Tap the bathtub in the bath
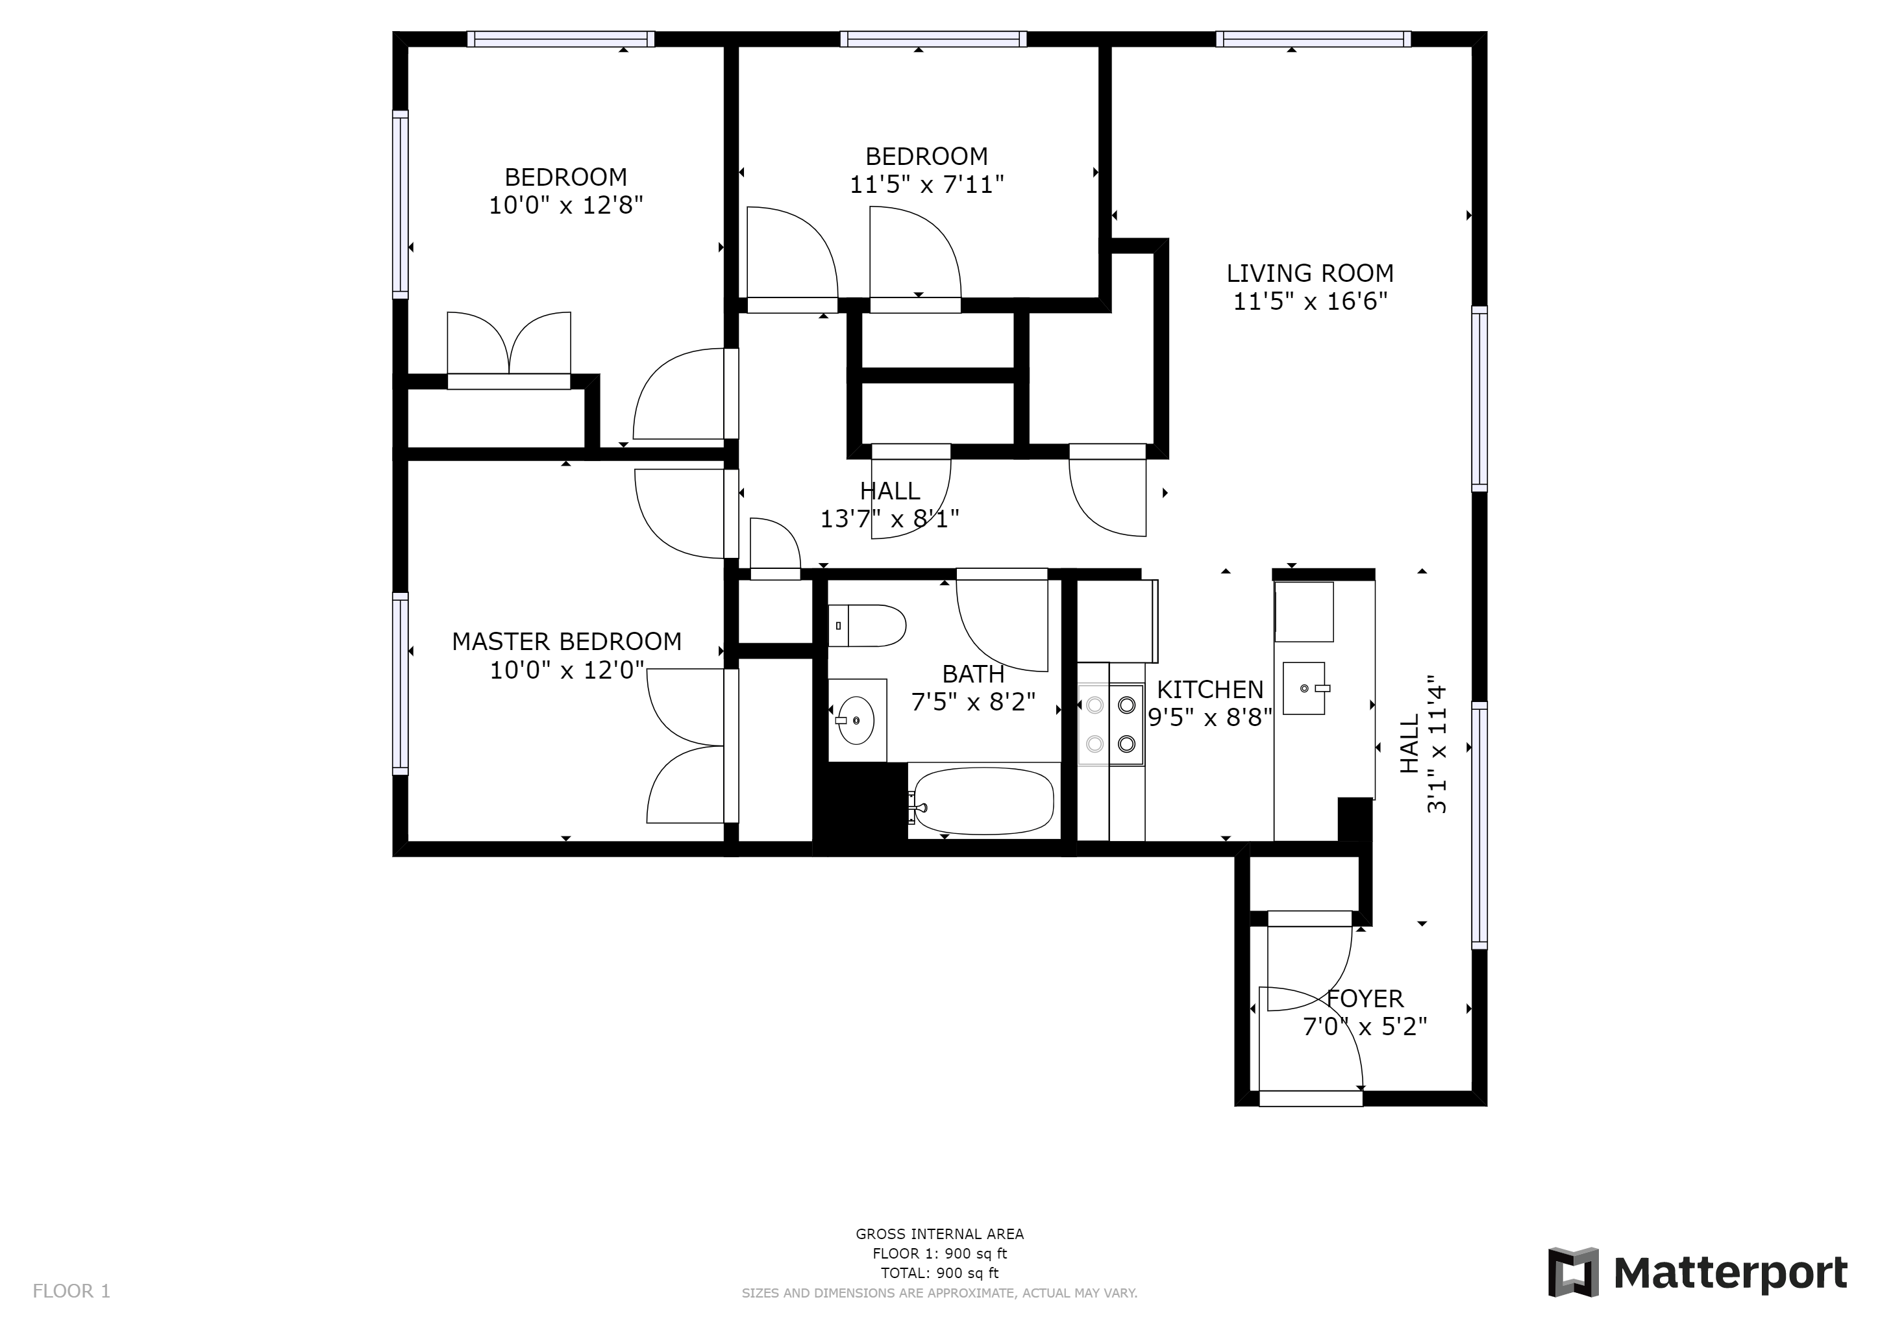point(983,801)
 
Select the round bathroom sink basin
point(856,721)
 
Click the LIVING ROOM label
point(1309,273)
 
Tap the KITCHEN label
point(1209,690)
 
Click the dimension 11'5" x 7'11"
point(926,185)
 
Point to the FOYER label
point(1365,999)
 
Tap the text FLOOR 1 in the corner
point(71,1292)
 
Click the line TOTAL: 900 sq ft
point(939,1274)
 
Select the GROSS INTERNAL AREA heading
point(939,1234)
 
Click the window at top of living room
point(1313,38)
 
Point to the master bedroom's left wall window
point(400,684)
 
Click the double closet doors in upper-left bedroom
point(508,344)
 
